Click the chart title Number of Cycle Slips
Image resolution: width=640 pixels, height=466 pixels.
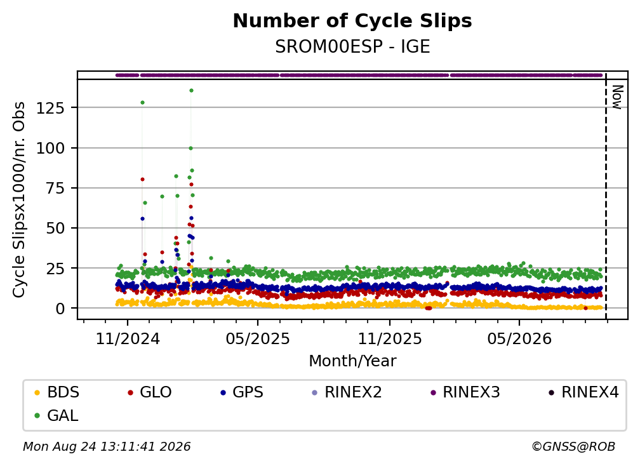[352, 21]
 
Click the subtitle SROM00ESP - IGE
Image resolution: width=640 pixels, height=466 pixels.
[352, 47]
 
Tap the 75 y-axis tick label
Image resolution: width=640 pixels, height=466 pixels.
[55, 188]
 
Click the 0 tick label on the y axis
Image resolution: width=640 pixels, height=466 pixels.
[60, 309]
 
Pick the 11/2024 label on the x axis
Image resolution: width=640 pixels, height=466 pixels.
[128, 338]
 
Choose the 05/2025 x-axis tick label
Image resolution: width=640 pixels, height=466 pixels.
[258, 338]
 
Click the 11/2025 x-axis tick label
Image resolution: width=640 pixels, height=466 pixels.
[390, 338]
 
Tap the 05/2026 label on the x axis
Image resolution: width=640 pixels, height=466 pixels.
[519, 338]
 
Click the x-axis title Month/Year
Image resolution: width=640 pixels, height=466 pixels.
[352, 361]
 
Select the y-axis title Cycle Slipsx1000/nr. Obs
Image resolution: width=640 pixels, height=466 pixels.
[19, 199]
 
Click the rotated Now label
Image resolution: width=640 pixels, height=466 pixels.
[617, 97]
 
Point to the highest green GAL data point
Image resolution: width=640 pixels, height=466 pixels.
[192, 91]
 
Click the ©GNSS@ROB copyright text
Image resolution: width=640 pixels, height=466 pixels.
[573, 447]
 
